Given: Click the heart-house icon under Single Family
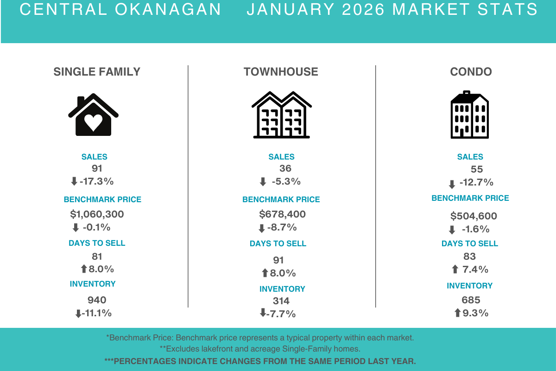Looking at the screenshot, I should (x=93, y=116).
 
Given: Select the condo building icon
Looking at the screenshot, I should (x=469, y=115).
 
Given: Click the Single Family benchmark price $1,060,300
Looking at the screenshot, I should (x=97, y=214).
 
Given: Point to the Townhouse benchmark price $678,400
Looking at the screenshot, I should (x=282, y=214).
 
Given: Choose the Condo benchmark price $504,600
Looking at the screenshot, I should (x=474, y=216).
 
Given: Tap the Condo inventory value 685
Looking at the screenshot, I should (x=471, y=300).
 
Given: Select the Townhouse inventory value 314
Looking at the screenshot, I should (x=281, y=301).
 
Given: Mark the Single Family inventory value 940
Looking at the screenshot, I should (x=97, y=300).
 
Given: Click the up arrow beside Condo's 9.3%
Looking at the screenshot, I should (x=457, y=313).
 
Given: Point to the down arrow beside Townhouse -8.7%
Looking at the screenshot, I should (x=261, y=228).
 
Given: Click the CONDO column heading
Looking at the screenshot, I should (x=471, y=72).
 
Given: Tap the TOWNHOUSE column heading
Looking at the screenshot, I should (x=281, y=72).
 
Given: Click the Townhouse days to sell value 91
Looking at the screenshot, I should (x=278, y=260).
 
